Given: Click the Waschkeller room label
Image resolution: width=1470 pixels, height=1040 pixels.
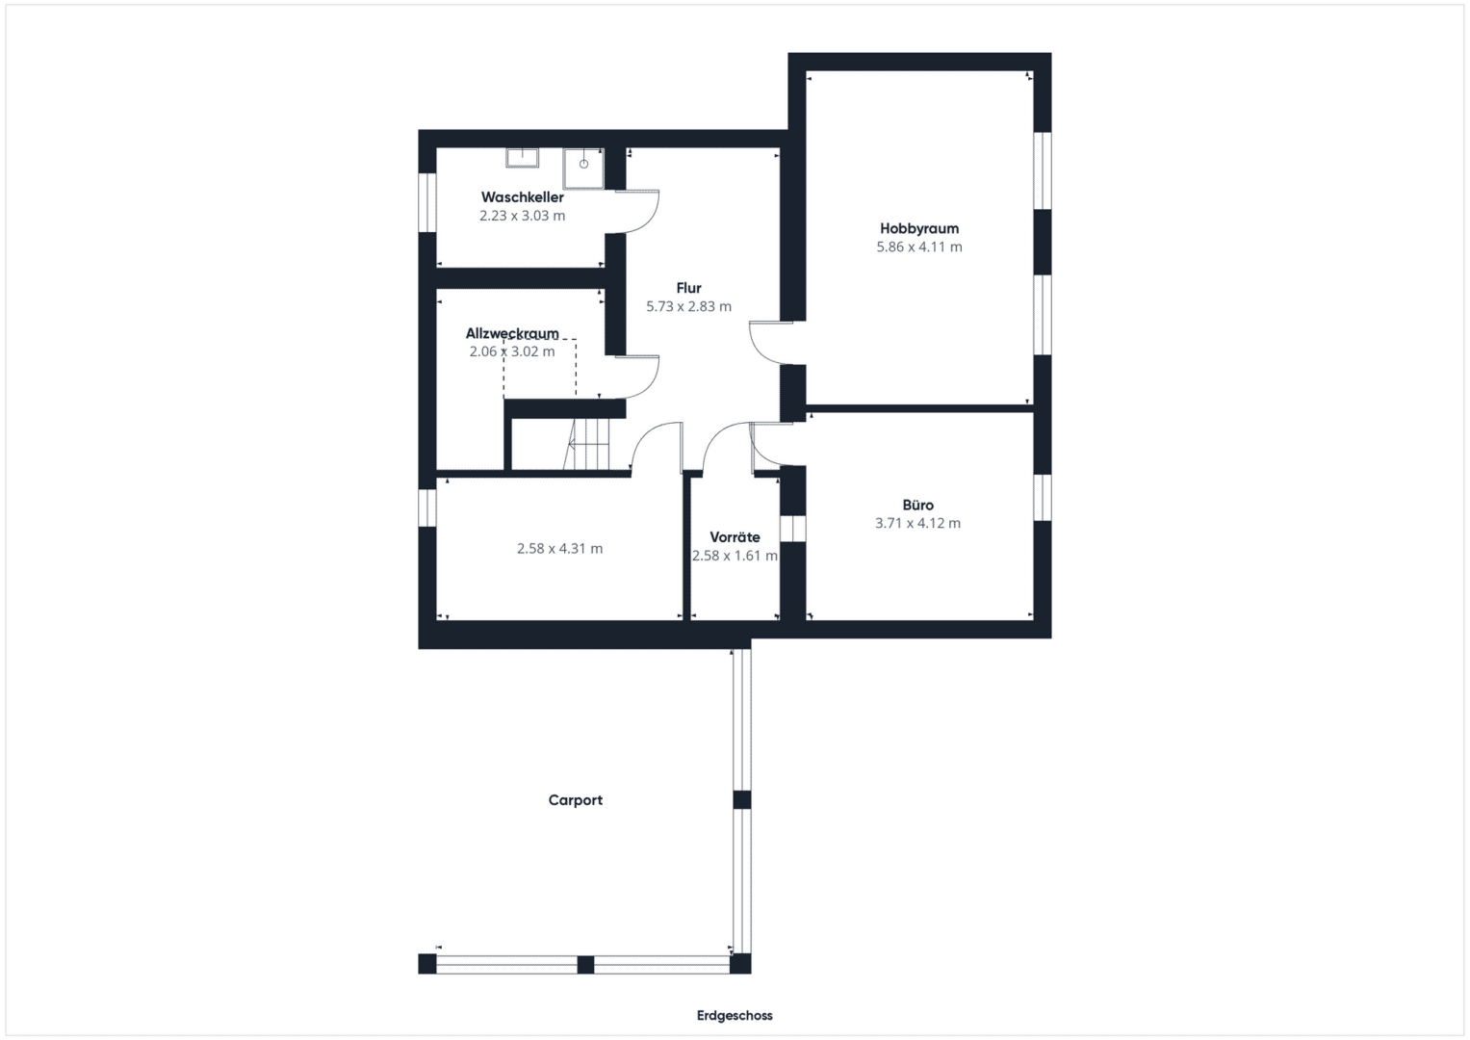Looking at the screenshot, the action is (522, 197).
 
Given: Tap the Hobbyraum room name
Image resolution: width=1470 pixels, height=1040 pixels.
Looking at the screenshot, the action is (918, 228).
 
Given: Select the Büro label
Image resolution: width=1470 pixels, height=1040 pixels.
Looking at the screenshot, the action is (917, 505).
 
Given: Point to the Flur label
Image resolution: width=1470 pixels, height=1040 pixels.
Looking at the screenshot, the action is (688, 288).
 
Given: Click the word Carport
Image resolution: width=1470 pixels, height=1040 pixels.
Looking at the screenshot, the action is (575, 799).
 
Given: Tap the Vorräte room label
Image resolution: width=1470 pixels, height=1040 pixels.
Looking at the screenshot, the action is (735, 537).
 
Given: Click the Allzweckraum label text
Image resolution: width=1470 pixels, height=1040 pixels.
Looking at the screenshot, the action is (512, 333).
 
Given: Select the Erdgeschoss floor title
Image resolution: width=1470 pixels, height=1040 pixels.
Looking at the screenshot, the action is (735, 1015).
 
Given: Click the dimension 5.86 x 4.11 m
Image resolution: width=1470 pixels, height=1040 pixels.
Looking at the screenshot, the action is (918, 247).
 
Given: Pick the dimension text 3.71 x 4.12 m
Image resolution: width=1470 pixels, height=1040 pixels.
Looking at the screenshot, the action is (917, 523).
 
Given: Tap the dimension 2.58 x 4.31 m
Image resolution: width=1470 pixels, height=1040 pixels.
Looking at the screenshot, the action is (559, 548).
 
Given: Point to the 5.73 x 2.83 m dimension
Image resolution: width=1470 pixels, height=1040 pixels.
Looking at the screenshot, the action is (688, 306).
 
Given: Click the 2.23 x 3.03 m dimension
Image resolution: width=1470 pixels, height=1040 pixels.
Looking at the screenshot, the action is (522, 216).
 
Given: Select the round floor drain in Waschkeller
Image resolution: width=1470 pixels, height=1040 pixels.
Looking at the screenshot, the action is (583, 164).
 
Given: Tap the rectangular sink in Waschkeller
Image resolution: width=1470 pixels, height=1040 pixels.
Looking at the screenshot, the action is (522, 158).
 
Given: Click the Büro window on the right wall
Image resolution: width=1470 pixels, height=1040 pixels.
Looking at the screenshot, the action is (1043, 498).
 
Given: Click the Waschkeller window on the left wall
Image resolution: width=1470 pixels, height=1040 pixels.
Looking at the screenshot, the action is (427, 202).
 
